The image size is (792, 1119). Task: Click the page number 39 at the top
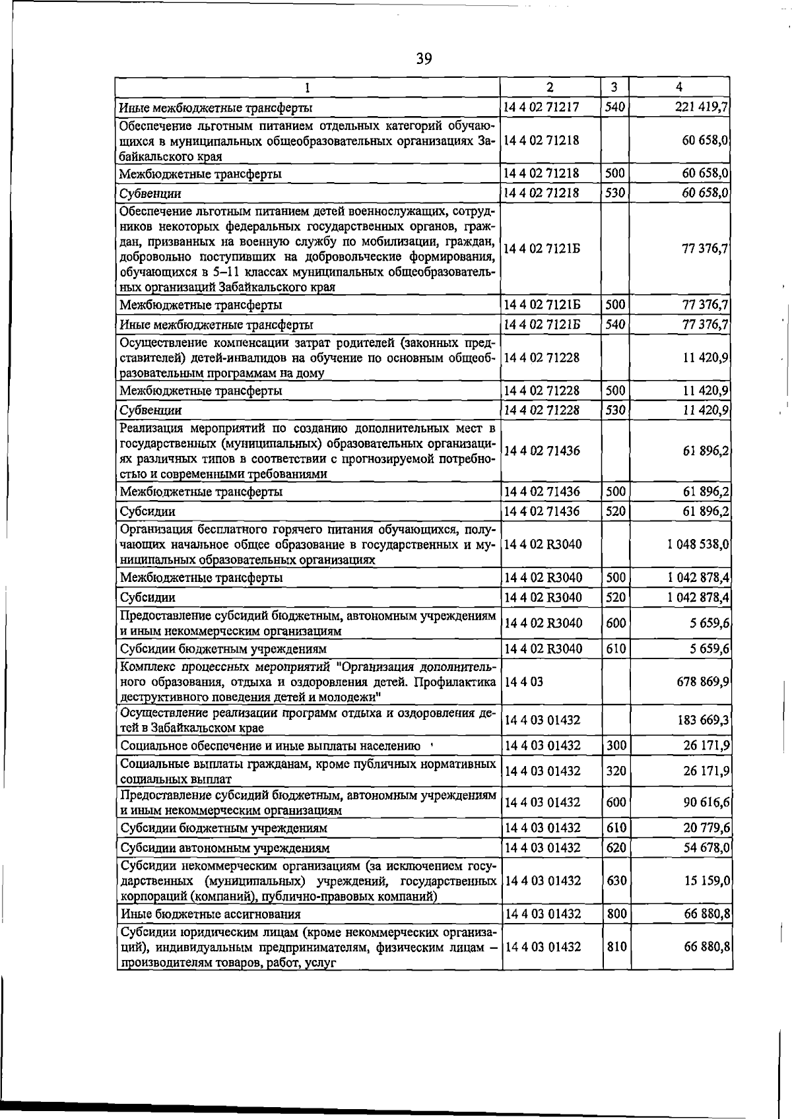point(424,59)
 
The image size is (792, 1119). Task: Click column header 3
point(614,87)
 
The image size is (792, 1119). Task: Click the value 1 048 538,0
point(698,545)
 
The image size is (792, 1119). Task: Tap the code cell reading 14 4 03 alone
point(523,682)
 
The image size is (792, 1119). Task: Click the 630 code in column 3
point(615,881)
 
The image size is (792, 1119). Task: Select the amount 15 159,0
point(706,881)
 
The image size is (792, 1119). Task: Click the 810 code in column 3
point(615,947)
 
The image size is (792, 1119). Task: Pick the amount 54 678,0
point(706,848)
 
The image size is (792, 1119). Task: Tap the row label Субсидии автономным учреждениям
point(225,848)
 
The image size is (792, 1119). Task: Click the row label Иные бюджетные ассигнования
point(211,914)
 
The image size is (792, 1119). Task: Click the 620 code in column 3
point(615,848)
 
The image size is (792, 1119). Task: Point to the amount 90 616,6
point(706,802)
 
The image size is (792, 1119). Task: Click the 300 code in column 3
point(615,746)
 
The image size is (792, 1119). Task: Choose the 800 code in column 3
point(615,914)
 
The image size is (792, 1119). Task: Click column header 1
point(308,87)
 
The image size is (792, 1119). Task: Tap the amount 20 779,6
point(706,828)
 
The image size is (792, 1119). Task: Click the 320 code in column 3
point(615,771)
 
